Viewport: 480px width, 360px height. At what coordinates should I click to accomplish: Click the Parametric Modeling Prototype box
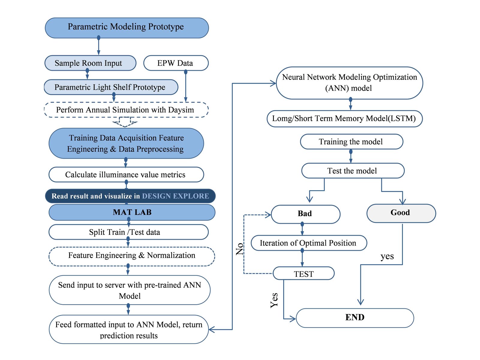coord(127,28)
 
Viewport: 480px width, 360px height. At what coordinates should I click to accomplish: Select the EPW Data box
coord(176,63)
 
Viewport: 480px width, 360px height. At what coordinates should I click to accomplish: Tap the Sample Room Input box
coord(90,63)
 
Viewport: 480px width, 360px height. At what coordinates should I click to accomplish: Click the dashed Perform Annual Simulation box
coord(126,110)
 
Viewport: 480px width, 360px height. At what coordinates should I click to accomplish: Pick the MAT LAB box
coord(132,212)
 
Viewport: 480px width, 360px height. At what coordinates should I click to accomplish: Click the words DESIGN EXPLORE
coord(175,196)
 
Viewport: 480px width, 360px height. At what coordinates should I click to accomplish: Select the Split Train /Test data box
coord(128,232)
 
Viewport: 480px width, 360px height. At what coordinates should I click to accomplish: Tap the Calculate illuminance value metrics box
coord(126,174)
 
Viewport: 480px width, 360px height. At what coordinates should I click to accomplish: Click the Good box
coord(401,213)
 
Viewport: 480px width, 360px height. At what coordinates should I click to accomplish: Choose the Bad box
coord(305,214)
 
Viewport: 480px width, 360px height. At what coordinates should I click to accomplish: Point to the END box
coord(355,318)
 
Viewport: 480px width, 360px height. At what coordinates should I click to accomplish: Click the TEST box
coord(304,273)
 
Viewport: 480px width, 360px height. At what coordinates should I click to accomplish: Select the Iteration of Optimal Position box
coord(309,243)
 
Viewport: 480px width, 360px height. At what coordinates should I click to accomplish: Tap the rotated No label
coord(240,249)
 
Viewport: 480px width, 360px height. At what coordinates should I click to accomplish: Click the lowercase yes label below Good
coord(387,256)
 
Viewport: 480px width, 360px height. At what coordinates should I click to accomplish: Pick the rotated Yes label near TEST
coord(274,301)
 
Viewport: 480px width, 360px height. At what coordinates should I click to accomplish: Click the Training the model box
coord(351,142)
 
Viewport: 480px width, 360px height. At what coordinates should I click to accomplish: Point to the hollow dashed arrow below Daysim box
coord(125,122)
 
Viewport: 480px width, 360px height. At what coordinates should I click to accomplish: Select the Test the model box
coord(353,171)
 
